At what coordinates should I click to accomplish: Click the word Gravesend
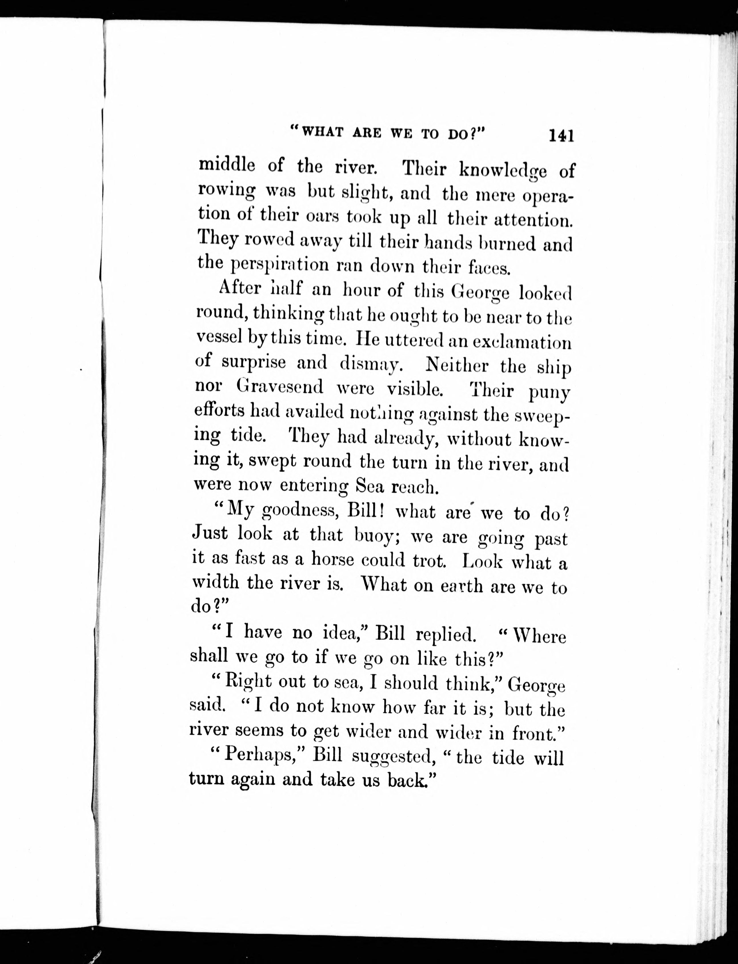[280, 386]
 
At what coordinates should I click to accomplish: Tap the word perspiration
[280, 265]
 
